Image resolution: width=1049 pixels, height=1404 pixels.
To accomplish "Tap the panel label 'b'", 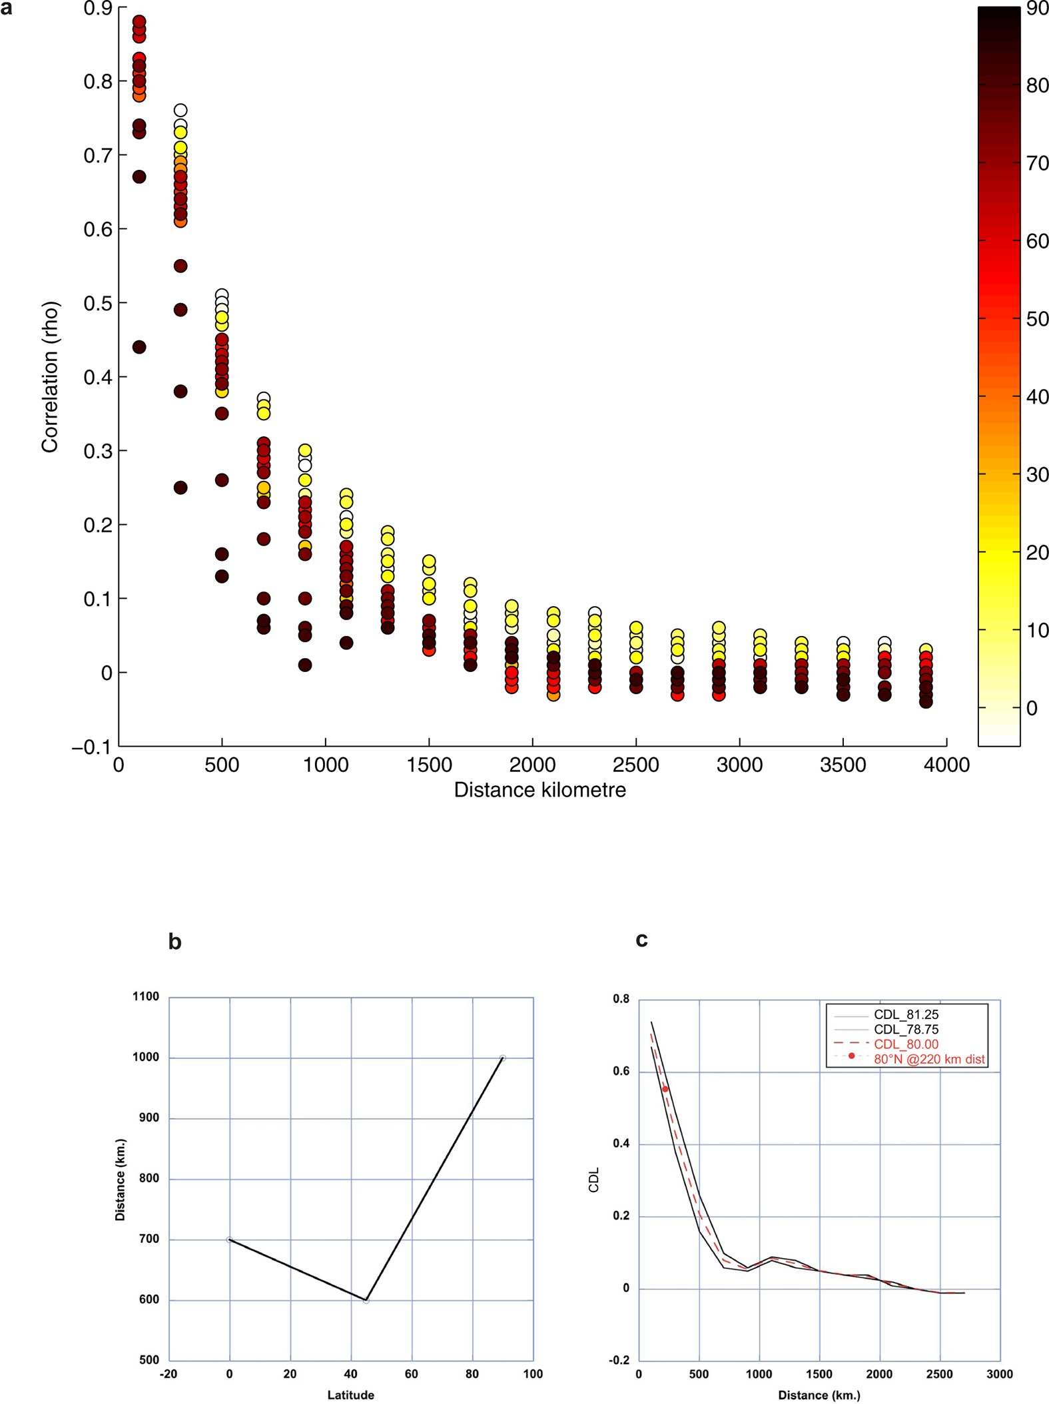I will tap(175, 941).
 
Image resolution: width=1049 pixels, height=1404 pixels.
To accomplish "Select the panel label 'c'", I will tap(641, 939).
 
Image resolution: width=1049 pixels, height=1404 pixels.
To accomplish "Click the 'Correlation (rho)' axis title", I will tap(50, 377).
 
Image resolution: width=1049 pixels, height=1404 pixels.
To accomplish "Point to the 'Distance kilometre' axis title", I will tap(539, 790).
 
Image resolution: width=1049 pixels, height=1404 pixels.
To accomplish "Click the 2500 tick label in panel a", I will tap(635, 765).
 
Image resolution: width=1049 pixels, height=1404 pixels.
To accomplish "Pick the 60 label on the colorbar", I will tap(1037, 241).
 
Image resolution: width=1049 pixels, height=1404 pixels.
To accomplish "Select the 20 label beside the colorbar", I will tap(1037, 552).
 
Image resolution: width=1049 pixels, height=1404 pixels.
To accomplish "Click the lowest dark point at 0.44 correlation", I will tap(139, 347).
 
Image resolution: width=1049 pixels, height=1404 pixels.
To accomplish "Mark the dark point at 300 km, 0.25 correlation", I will tap(180, 488).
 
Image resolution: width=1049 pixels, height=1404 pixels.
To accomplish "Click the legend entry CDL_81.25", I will tap(906, 1014).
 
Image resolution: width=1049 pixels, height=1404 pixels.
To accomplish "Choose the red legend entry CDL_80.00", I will tap(906, 1044).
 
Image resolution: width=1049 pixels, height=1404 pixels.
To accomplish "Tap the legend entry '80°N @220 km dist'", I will tap(928, 1059).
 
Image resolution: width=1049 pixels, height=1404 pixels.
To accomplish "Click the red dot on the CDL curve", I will tap(665, 1089).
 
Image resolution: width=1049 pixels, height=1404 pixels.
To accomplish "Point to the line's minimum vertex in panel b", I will tap(366, 1300).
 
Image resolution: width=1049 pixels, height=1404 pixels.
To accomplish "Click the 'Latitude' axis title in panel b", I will tap(350, 1395).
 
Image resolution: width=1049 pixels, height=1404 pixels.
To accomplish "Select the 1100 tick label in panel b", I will tap(146, 996).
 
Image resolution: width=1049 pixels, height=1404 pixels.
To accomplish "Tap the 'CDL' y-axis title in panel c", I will tap(594, 1179).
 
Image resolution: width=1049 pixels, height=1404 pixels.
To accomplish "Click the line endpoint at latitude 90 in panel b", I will tap(503, 1058).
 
